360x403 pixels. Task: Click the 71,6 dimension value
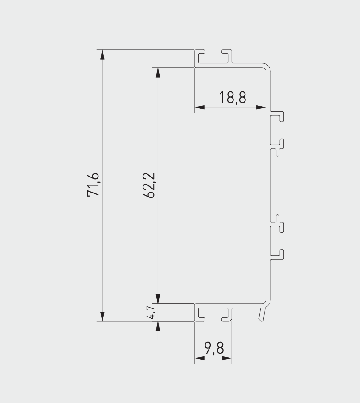(95, 185)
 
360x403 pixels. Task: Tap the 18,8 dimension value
(233, 97)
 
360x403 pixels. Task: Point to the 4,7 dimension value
(151, 312)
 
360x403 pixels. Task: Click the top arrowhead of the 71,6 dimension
(103, 54)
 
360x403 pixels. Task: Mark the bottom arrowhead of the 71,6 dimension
(103, 316)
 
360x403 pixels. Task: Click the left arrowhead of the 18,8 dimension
(200, 107)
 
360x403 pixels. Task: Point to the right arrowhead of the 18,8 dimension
(262, 107)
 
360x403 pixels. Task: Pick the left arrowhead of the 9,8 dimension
(200, 358)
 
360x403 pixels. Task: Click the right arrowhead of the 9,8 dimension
(227, 358)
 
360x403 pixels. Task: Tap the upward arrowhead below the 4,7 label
(157, 326)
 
